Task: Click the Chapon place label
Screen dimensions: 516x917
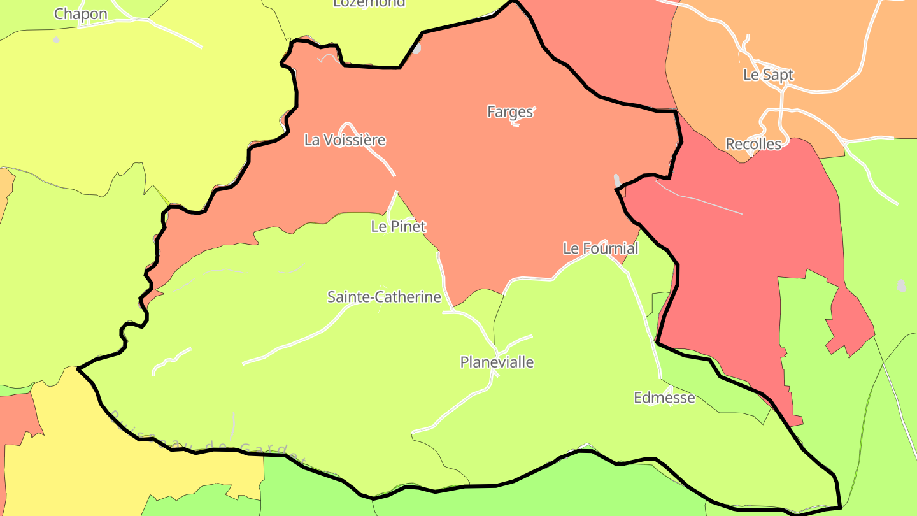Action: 80,14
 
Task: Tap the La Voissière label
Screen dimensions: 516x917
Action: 345,140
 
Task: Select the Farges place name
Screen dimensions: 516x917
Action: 509,112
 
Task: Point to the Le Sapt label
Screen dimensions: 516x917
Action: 768,75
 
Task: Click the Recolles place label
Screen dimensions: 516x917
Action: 753,144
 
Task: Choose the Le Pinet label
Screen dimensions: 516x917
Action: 398,226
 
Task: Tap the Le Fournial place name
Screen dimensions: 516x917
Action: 600,248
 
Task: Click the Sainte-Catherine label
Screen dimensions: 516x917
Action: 384,297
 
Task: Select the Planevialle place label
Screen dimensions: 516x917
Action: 497,362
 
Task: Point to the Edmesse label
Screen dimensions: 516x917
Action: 664,398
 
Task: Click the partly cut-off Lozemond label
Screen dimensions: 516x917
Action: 369,3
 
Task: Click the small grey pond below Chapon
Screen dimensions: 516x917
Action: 56,39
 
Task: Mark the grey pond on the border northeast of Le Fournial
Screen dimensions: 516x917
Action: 616,180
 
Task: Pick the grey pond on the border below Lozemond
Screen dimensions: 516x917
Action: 416,48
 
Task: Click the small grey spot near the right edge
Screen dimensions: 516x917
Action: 901,285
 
